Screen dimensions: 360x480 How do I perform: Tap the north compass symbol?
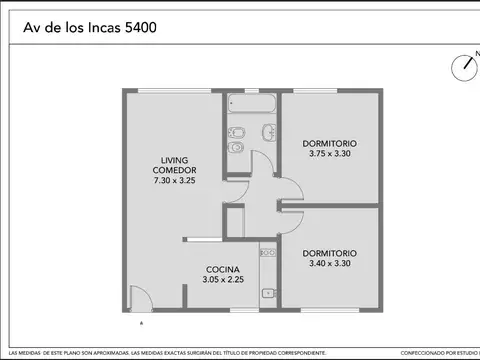(463, 67)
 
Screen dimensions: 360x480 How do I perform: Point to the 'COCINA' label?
(221, 270)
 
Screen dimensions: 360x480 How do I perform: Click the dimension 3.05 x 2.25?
(221, 280)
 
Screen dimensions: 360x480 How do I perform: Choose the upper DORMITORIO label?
(329, 143)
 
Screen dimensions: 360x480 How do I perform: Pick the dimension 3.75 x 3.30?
(329, 153)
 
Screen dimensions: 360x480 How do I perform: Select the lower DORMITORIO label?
(329, 253)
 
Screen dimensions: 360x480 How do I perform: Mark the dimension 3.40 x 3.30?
(329, 263)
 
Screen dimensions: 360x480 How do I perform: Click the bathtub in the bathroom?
(251, 103)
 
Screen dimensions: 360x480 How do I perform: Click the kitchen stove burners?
(267, 253)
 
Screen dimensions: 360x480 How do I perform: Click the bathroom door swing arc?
(261, 164)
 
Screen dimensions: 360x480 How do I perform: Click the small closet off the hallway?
(234, 223)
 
